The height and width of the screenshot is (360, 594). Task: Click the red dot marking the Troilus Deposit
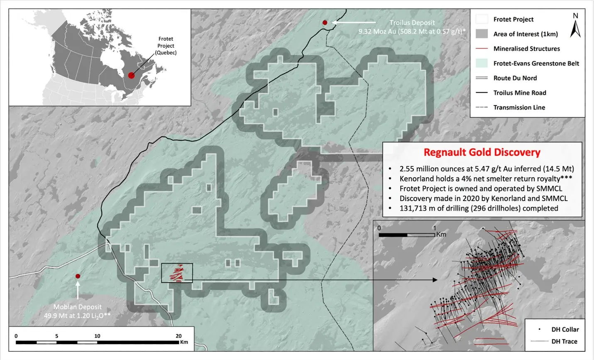click(x=325, y=22)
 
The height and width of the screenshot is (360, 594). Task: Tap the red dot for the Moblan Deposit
click(x=78, y=276)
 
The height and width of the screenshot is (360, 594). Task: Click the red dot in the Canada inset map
click(x=131, y=75)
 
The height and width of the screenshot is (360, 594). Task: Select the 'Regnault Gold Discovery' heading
click(x=482, y=152)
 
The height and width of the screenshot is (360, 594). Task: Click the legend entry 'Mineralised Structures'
click(x=526, y=49)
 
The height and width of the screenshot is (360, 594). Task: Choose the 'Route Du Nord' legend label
click(x=515, y=78)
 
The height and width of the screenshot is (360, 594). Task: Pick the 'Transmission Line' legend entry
click(x=519, y=108)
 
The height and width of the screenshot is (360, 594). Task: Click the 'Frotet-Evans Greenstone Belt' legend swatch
click(x=482, y=63)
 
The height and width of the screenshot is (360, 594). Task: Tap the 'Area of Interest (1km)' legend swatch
click(x=482, y=34)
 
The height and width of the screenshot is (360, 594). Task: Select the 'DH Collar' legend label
click(x=565, y=329)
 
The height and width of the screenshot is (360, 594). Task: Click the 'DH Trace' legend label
click(x=564, y=341)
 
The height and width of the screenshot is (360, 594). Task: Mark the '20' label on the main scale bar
click(x=178, y=336)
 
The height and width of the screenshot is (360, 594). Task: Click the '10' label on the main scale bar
click(x=97, y=336)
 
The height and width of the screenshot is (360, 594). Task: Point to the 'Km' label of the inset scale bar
click(x=441, y=235)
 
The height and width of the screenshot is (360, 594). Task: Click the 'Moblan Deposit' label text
click(x=78, y=307)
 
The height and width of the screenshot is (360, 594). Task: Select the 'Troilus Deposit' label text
click(x=412, y=23)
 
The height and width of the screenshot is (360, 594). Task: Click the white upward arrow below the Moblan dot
click(x=78, y=290)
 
